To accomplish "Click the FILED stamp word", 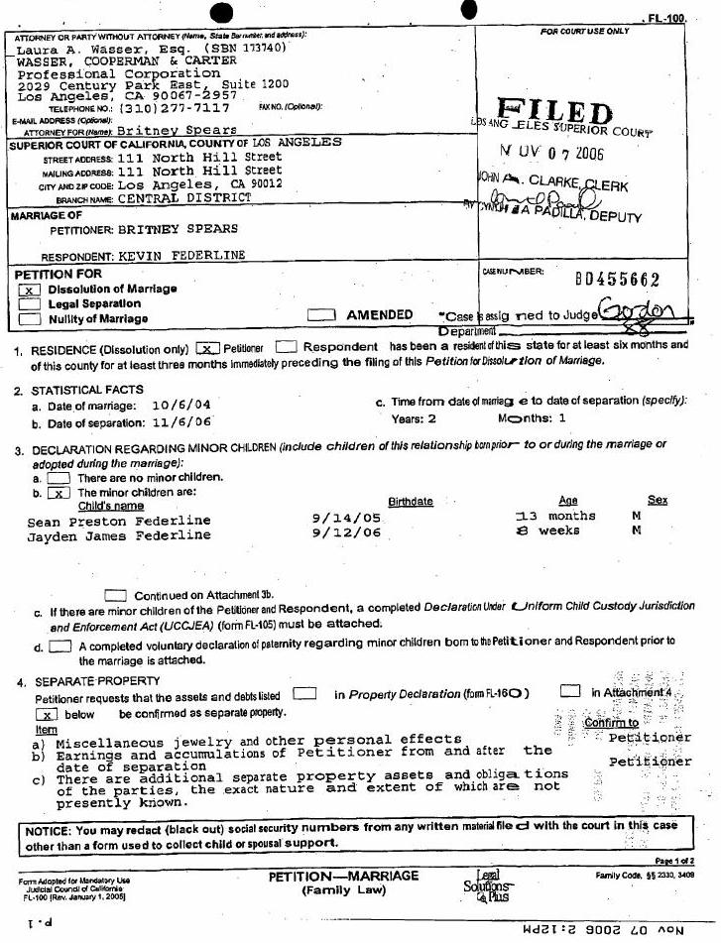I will pyautogui.click(x=554, y=112).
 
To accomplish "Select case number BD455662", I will pyautogui.click(x=617, y=281).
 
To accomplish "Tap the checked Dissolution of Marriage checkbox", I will pyautogui.click(x=29, y=290).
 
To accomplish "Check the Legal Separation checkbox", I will pyautogui.click(x=29, y=304).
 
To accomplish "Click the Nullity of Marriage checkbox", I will pyautogui.click(x=29, y=319).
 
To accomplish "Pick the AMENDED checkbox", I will pyautogui.click(x=320, y=314).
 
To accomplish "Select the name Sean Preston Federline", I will pyautogui.click(x=119, y=521).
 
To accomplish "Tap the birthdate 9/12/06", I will pyautogui.click(x=346, y=534).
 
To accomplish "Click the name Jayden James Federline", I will pyautogui.click(x=119, y=535).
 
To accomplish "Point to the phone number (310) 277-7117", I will pyautogui.click(x=175, y=108).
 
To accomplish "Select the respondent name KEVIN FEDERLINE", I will pyautogui.click(x=181, y=255).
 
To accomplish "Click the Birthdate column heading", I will pyautogui.click(x=410, y=502).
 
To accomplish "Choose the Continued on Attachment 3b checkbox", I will pyautogui.click(x=115, y=595).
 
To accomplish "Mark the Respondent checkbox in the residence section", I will pyautogui.click(x=286, y=347).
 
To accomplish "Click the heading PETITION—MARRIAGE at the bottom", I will pyautogui.click(x=343, y=877).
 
